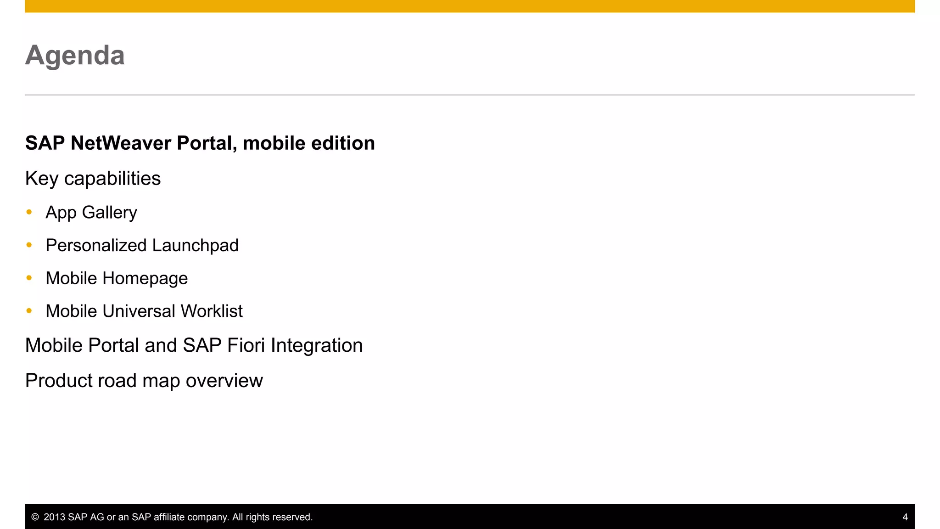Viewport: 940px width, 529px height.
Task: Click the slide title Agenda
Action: pyautogui.click(x=75, y=56)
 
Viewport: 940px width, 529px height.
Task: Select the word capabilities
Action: pyautogui.click(x=112, y=179)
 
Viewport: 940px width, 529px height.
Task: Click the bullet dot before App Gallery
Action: pyautogui.click(x=29, y=212)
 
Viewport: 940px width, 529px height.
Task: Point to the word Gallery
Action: pyautogui.click(x=109, y=213)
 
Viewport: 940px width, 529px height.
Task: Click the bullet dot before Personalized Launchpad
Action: pyautogui.click(x=29, y=245)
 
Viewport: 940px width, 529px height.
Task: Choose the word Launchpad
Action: pyautogui.click(x=195, y=246)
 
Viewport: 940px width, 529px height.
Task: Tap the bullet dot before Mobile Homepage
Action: pyautogui.click(x=29, y=278)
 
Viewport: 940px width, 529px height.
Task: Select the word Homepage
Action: pyautogui.click(x=145, y=279)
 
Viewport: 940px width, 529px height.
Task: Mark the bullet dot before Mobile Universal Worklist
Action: pyautogui.click(x=29, y=311)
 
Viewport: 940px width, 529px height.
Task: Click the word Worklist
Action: pyautogui.click(x=212, y=311)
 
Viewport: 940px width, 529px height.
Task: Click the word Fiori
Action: pyautogui.click(x=246, y=346)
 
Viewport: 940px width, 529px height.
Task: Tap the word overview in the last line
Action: pyautogui.click(x=224, y=381)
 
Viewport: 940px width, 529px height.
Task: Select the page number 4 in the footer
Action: pyautogui.click(x=905, y=517)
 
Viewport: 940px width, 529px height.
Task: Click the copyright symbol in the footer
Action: pyautogui.click(x=35, y=517)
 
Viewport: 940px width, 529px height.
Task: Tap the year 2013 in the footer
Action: pyautogui.click(x=54, y=517)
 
